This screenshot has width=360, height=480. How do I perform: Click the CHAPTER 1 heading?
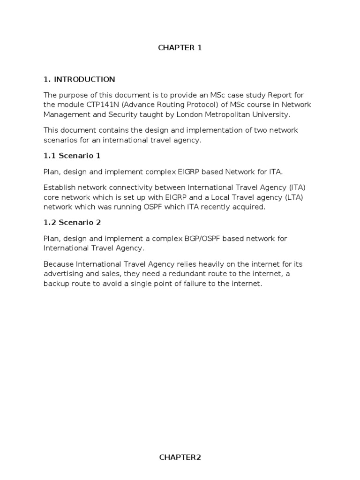180,48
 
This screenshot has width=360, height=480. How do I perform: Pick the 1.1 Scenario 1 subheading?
72,155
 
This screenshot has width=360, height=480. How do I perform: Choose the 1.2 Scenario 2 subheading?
72,222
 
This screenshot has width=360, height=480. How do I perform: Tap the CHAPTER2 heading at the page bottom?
180,457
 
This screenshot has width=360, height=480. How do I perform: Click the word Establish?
60,187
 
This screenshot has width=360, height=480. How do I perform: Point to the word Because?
59,263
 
